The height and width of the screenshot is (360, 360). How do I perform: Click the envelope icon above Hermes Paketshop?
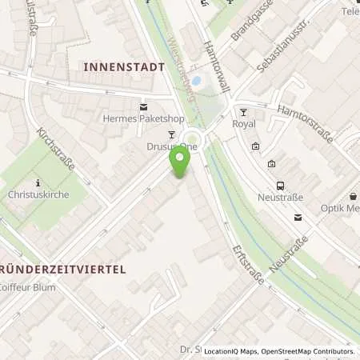pos(143,106)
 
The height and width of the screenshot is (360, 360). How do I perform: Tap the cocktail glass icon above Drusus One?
pos(170,134)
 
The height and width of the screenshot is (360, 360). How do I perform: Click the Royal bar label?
pos(243,124)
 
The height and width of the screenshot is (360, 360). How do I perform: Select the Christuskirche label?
pos(38,194)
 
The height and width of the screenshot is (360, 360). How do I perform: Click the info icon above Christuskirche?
pos(37,182)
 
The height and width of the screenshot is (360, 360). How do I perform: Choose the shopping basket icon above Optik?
pos(353,195)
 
